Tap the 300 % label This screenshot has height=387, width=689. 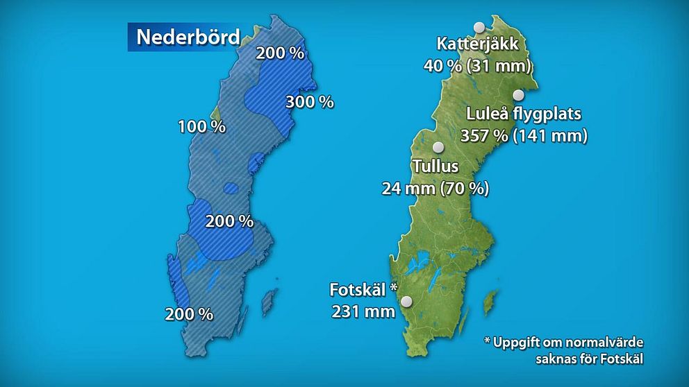click(x=309, y=102)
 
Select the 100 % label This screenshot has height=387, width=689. click(x=201, y=127)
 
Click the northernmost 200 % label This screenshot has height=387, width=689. click(x=280, y=53)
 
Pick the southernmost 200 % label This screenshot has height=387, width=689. click(x=189, y=313)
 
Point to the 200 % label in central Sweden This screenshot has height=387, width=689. click(x=229, y=221)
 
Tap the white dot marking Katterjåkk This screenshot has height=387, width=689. click(x=479, y=27)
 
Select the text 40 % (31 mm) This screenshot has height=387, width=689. click(x=477, y=66)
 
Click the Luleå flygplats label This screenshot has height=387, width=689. click(x=524, y=114)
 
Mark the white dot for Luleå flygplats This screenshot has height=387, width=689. click(x=518, y=95)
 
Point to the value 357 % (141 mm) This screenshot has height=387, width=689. click(x=524, y=135)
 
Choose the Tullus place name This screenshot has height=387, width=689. click(x=435, y=166)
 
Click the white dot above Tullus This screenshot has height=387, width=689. click(x=438, y=147)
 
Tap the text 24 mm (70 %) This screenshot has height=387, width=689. click(x=435, y=188)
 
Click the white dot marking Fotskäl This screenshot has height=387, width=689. click(x=406, y=301)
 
